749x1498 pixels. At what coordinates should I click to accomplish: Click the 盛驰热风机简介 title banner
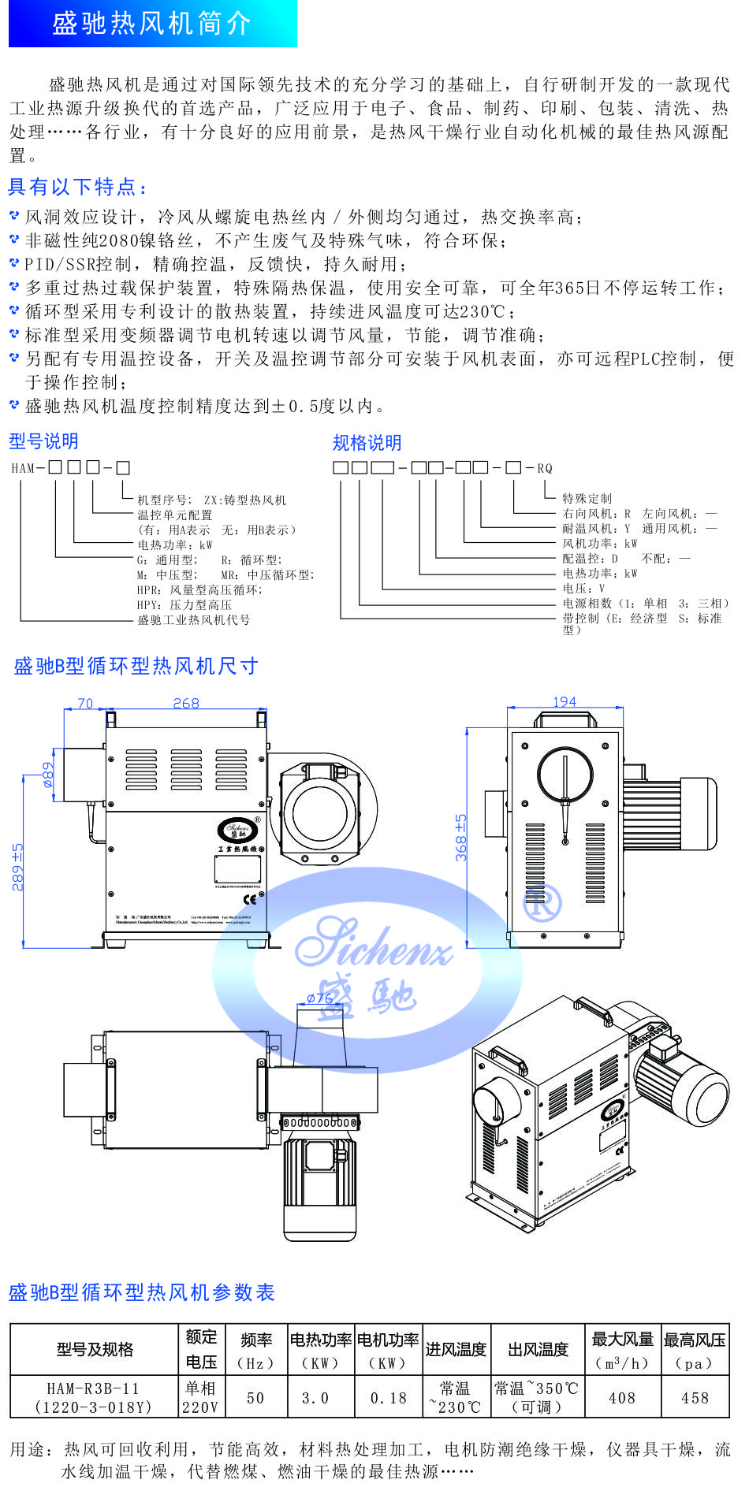point(152,24)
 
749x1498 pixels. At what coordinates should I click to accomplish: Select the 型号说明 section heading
point(43,441)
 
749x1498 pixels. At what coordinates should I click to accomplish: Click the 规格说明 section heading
point(367,443)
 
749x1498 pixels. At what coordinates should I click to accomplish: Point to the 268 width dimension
point(186,703)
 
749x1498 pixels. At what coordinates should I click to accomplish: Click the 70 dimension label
point(85,703)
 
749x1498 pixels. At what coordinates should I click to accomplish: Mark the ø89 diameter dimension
point(49,774)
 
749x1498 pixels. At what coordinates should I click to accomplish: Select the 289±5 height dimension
point(17,867)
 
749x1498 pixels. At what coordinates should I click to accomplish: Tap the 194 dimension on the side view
point(565,701)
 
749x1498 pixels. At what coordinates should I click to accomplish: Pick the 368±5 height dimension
point(460,837)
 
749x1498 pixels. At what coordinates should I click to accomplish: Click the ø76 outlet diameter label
point(319,998)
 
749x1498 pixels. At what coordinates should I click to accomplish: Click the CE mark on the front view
point(250,899)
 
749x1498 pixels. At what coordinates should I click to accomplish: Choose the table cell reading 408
point(621,1398)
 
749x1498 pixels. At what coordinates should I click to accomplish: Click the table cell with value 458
point(695,1398)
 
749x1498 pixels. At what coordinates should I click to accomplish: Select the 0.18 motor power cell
point(389,1398)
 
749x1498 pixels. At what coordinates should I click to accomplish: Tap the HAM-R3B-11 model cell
point(93,1397)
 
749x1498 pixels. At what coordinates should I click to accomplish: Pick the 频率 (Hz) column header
point(255,1351)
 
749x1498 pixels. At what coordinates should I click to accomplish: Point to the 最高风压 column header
point(695,1351)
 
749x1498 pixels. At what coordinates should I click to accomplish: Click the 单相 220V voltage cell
point(201,1397)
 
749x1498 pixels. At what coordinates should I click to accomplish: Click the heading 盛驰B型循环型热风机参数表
point(142,1292)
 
